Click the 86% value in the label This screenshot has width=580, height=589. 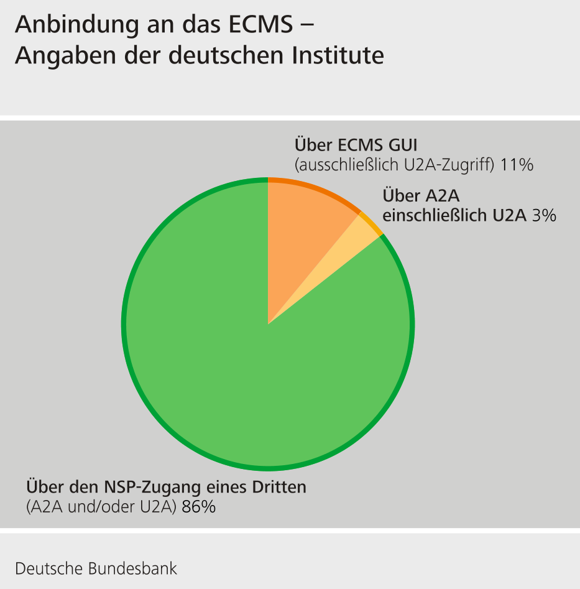(199, 507)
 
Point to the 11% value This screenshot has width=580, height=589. (517, 165)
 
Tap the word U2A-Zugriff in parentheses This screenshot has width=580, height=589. (453, 165)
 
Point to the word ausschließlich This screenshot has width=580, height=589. (346, 165)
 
